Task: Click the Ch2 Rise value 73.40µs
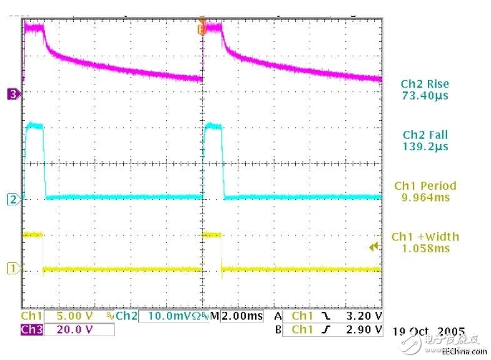pyautogui.click(x=425, y=96)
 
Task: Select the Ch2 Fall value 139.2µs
pyautogui.click(x=425, y=147)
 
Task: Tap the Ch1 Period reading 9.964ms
pyautogui.click(x=425, y=197)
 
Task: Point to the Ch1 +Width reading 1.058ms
pyautogui.click(x=425, y=249)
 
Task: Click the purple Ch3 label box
pyautogui.click(x=31, y=330)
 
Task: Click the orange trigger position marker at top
pyautogui.click(x=201, y=28)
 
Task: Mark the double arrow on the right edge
pyautogui.click(x=374, y=247)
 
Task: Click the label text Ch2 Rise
pyautogui.click(x=425, y=84)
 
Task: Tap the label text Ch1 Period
pyautogui.click(x=425, y=185)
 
